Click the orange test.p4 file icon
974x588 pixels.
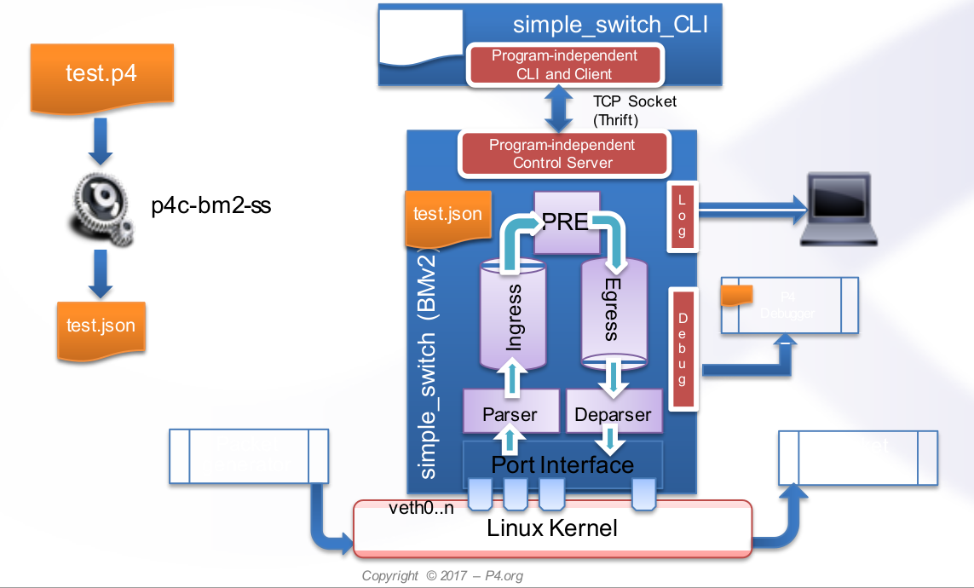(x=101, y=75)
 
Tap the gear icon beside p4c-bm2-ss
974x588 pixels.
(x=101, y=206)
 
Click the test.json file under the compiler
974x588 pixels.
(x=101, y=326)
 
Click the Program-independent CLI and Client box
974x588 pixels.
(x=564, y=65)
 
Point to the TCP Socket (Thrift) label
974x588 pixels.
(x=634, y=110)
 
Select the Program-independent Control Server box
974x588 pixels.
(x=562, y=154)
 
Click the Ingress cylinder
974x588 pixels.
(x=513, y=315)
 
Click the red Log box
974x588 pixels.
(x=682, y=216)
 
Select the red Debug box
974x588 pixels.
(x=682, y=350)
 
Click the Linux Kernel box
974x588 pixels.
(x=552, y=528)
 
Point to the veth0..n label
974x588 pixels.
(x=416, y=508)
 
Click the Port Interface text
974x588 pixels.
(x=562, y=464)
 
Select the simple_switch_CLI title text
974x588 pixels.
(x=610, y=24)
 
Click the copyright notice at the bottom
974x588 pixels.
(x=442, y=576)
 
